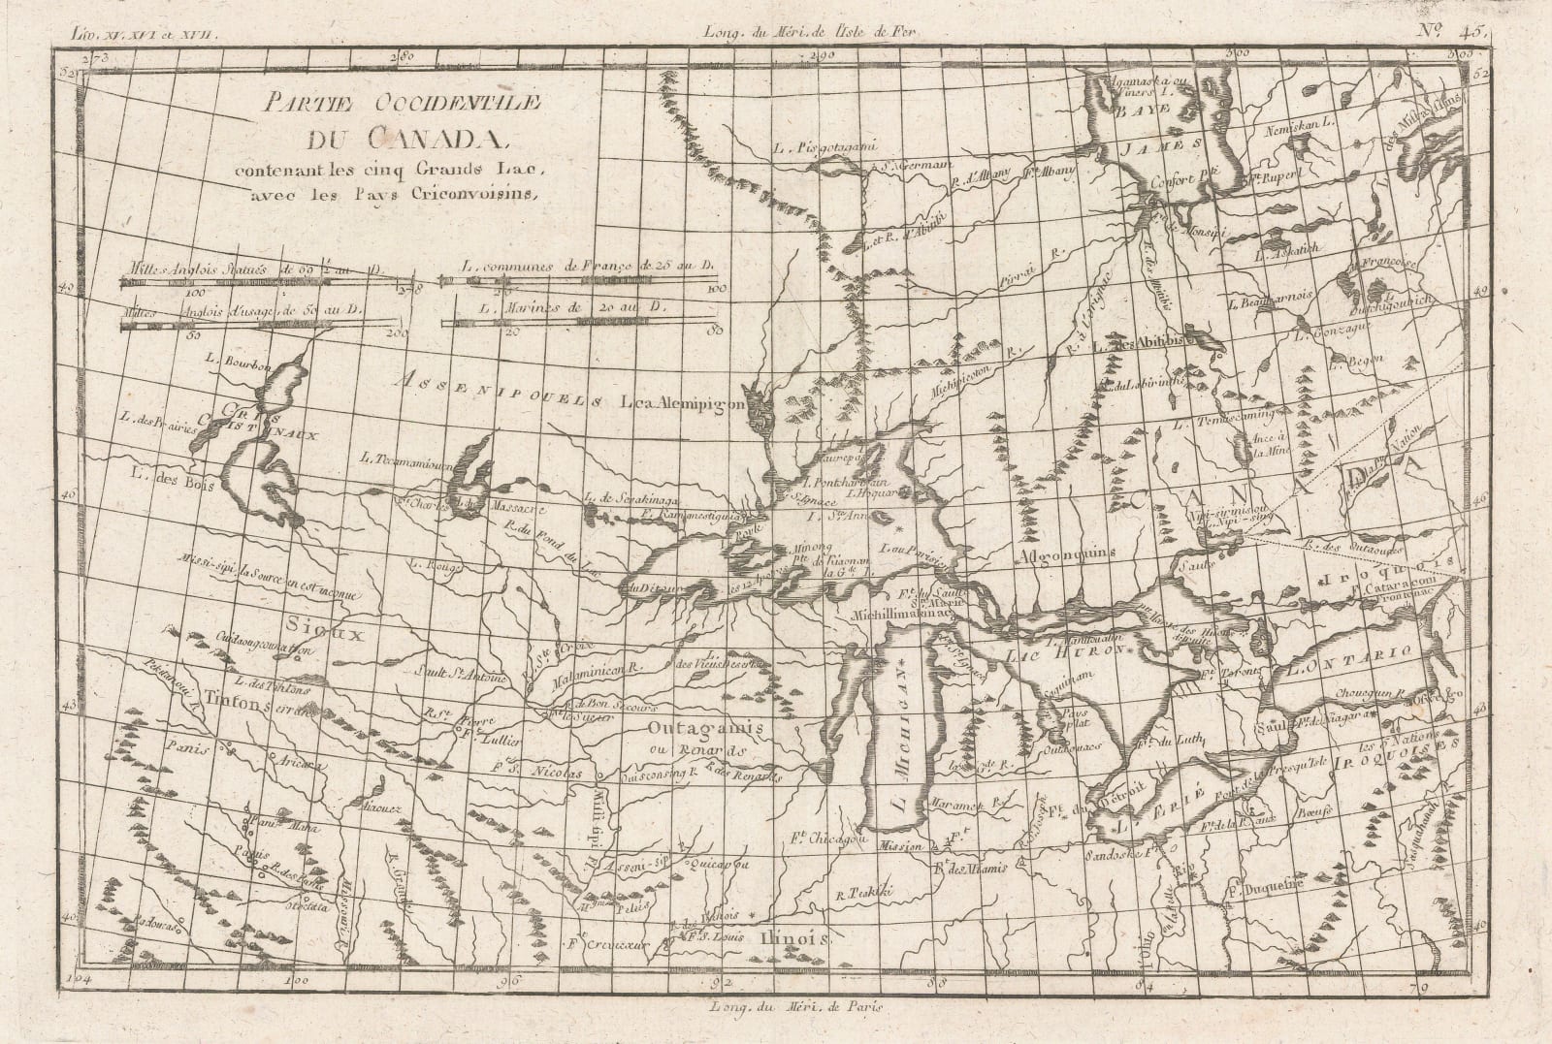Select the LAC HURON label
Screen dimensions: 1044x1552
1083,652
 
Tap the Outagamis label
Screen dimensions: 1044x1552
694,726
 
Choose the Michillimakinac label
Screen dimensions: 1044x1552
903,614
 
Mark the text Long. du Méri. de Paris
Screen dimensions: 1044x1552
807,1005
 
